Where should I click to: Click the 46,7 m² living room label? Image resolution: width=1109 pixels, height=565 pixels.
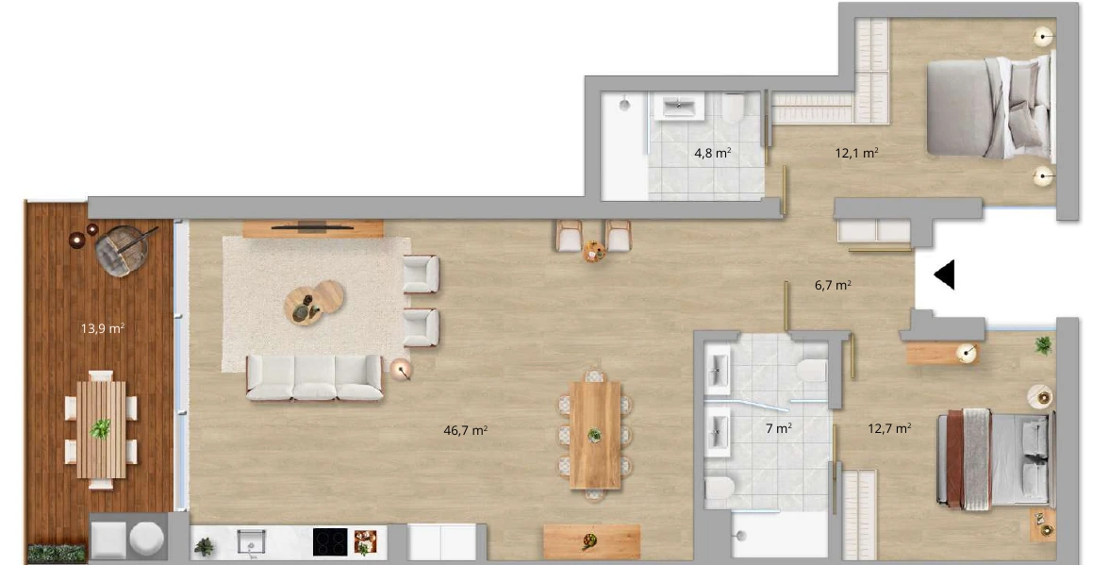466,430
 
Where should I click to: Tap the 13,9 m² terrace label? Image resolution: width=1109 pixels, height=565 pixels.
103,328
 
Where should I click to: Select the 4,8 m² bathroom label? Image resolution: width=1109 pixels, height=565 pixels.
712,153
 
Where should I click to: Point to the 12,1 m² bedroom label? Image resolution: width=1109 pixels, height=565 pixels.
857,152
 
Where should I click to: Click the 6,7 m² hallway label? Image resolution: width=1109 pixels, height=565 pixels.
834,285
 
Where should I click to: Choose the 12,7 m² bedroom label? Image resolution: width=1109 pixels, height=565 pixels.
890,428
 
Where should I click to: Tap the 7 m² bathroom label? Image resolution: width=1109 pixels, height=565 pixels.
779,428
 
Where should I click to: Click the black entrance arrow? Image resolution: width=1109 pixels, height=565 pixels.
944,274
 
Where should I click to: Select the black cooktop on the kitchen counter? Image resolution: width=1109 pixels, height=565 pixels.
330,542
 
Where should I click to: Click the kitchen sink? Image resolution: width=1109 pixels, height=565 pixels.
250,542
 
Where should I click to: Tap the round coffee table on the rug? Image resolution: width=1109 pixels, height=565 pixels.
314,303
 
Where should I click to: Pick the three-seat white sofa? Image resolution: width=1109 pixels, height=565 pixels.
314,378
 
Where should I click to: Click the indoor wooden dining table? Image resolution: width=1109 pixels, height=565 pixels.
595,435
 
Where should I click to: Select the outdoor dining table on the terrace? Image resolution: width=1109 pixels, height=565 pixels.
101,429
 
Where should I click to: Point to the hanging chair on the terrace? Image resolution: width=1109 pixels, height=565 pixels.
121,250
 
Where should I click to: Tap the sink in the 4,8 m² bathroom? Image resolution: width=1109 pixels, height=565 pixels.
680,107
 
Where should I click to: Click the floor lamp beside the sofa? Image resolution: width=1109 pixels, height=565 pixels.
401,369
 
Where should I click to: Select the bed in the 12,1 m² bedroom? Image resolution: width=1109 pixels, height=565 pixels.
989,108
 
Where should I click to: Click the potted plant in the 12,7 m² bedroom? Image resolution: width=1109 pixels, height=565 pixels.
1043,346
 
